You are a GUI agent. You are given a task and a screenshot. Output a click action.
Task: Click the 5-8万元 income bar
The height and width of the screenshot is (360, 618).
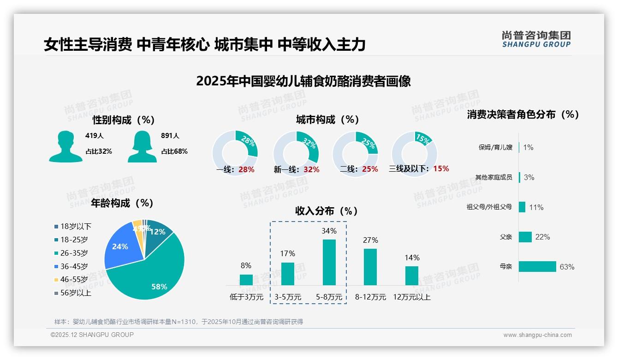pyautogui.click(x=329, y=262)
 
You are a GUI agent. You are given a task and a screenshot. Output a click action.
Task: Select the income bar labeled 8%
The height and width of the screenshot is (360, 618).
pyautogui.click(x=246, y=280)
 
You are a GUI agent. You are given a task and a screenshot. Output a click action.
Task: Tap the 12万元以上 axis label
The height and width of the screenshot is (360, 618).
pyautogui.click(x=411, y=297)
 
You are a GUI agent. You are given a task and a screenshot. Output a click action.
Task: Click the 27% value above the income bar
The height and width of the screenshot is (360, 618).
pyautogui.click(x=370, y=240)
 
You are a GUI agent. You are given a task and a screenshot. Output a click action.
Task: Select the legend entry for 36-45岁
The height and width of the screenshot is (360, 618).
pyautogui.click(x=74, y=266)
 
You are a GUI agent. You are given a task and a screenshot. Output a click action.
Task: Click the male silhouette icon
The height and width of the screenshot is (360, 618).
pyautogui.click(x=65, y=146)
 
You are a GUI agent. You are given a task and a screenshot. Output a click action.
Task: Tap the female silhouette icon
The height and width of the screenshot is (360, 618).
pyautogui.click(x=142, y=146)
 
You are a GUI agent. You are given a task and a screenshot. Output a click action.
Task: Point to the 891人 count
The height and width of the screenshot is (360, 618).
pyautogui.click(x=170, y=136)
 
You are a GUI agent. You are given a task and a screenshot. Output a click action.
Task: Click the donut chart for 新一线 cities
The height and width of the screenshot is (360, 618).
pyautogui.click(x=296, y=153)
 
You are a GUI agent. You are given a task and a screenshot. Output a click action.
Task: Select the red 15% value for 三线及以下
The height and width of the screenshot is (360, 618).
pyautogui.click(x=441, y=168)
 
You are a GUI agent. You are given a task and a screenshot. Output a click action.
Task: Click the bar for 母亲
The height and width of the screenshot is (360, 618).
pyautogui.click(x=537, y=267)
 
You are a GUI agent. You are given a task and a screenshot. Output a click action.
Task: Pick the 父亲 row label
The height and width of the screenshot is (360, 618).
pyautogui.click(x=505, y=237)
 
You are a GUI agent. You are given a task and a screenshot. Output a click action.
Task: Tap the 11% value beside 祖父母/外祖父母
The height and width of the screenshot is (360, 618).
pyautogui.click(x=536, y=207)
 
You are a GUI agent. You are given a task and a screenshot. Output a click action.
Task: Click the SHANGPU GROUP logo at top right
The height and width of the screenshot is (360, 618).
pyautogui.click(x=536, y=39)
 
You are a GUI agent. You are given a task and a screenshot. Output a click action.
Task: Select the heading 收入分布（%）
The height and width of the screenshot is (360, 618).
pyautogui.click(x=327, y=211)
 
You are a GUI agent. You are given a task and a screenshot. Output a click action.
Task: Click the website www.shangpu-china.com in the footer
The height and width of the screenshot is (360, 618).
pyautogui.click(x=537, y=335)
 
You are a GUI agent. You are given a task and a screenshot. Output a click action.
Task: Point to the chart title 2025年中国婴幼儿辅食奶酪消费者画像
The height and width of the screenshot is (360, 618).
pyautogui.click(x=303, y=81)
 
